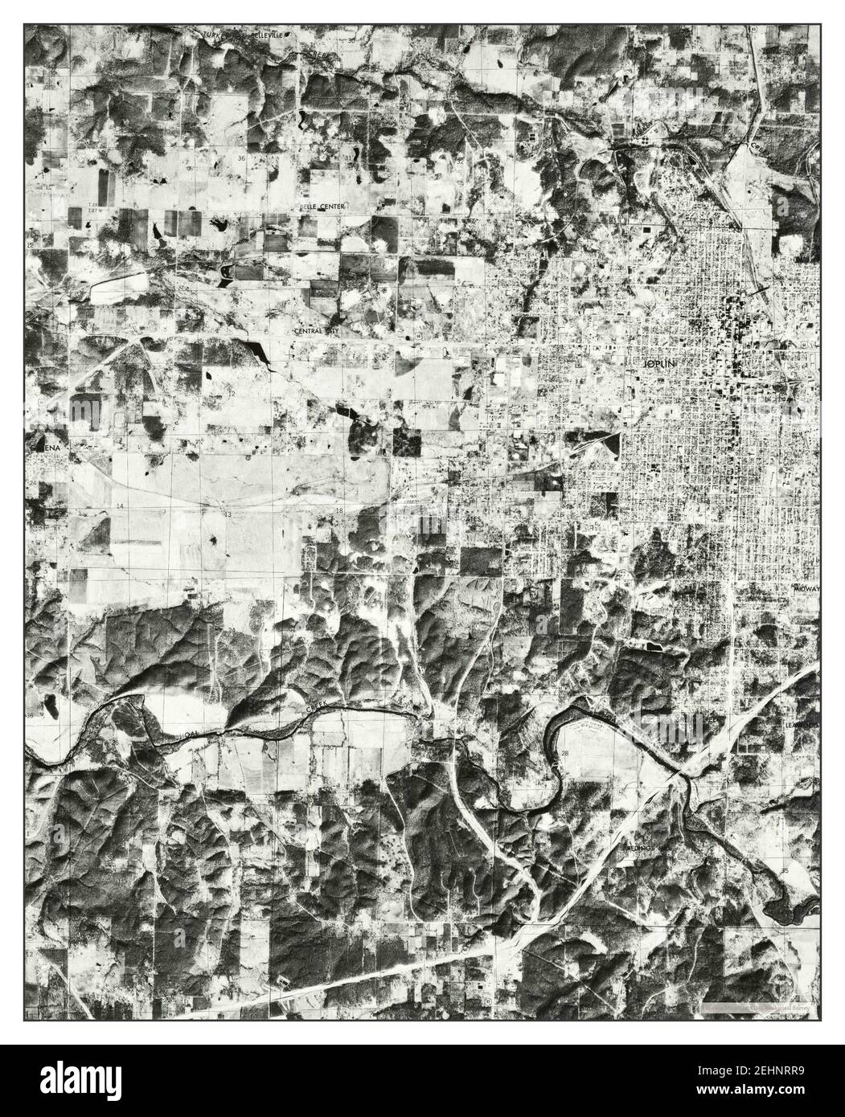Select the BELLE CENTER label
coord(322,207)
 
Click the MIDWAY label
coord(806,589)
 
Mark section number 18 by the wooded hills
coord(340,510)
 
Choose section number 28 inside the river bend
coord(565,752)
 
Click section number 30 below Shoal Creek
coord(330,748)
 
